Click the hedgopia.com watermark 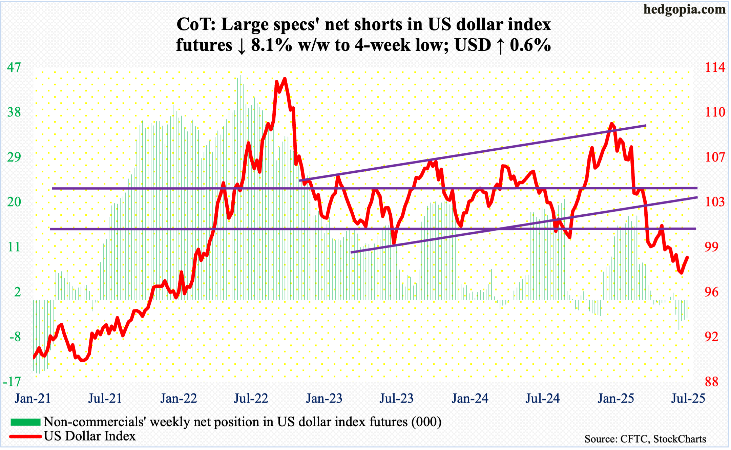[684, 9]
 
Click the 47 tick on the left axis [14, 67]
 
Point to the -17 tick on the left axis [12, 382]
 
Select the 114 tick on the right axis [715, 67]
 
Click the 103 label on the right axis [715, 202]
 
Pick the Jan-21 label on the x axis [33, 399]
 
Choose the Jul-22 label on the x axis [251, 399]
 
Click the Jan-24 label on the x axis [470, 399]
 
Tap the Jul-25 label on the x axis [688, 399]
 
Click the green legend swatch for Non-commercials [25, 422]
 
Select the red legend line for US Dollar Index [25, 436]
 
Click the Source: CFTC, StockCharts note [645, 439]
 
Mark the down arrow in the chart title [242, 46]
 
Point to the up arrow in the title [500, 46]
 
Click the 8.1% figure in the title [271, 45]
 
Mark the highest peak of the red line [285, 79]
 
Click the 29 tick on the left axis [14, 157]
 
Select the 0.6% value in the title [530, 45]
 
